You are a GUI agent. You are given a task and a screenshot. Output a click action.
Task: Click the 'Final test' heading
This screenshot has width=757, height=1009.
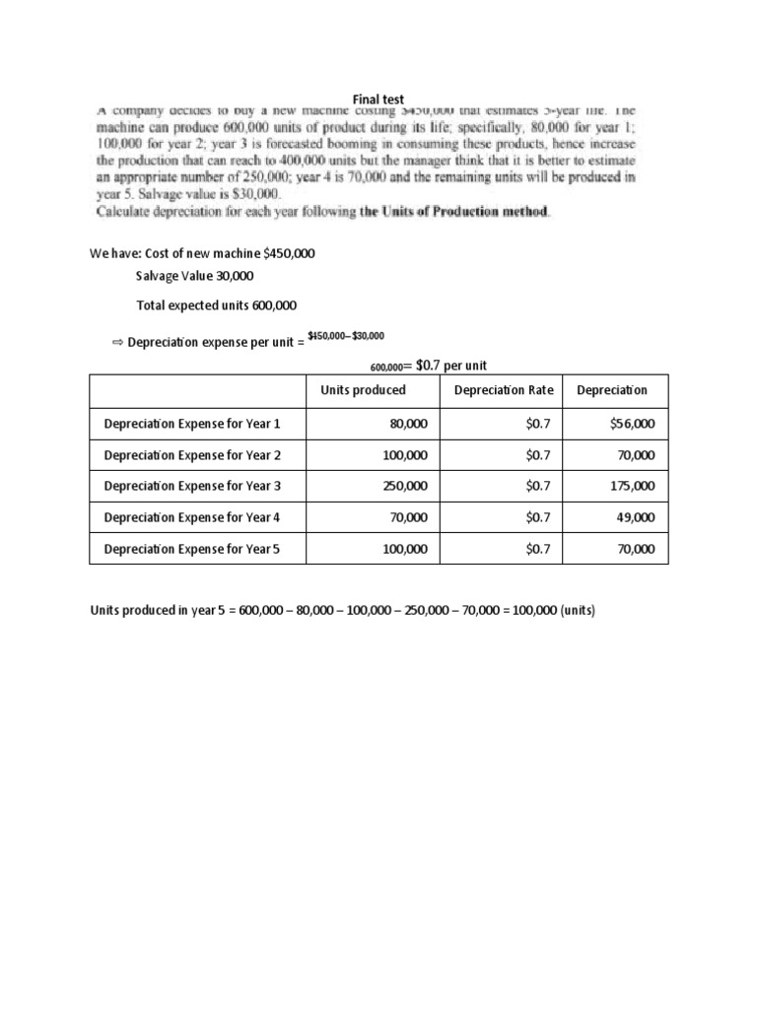point(378,99)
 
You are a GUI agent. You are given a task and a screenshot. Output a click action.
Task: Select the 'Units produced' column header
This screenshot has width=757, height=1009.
point(363,390)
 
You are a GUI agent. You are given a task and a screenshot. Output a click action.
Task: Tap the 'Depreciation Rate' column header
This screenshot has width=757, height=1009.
point(504,390)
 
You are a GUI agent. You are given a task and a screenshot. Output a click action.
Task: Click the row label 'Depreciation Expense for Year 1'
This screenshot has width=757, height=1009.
point(192,424)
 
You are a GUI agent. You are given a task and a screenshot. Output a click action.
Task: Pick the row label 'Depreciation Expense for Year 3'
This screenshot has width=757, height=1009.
point(192,487)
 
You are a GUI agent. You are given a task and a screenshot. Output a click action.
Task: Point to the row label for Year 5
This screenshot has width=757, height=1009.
point(192,550)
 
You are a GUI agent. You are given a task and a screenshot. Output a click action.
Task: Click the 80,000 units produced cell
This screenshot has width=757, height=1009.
point(409,424)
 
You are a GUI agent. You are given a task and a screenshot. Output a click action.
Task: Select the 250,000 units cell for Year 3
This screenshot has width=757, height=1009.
point(405,487)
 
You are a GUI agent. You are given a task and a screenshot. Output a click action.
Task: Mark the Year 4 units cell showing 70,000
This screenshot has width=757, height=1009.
point(409,518)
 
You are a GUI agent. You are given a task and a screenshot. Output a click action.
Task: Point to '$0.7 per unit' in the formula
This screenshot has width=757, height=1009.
point(452,366)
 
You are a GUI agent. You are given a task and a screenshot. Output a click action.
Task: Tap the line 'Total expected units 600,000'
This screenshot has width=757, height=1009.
point(216,305)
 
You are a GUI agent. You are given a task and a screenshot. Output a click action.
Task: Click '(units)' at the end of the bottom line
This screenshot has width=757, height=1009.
point(577,611)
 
